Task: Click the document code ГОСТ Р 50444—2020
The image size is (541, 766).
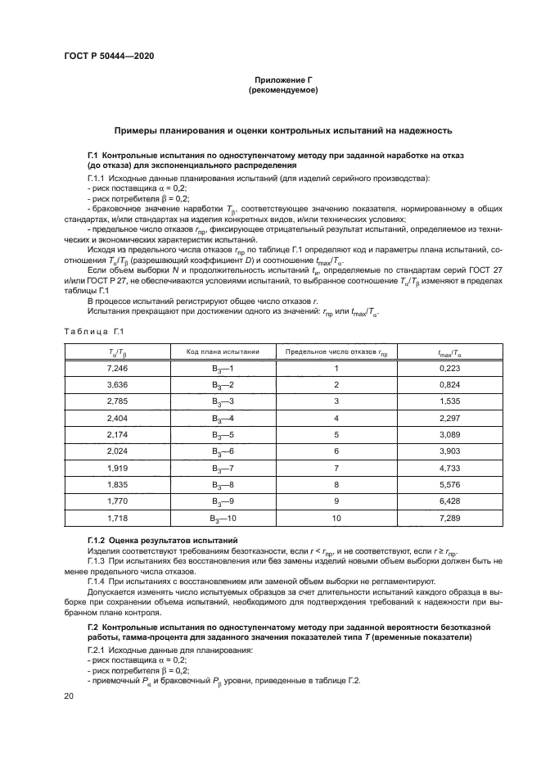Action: click(x=109, y=55)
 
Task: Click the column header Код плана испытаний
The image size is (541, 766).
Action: click(x=223, y=351)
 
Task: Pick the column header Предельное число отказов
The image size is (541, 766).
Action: click(x=336, y=351)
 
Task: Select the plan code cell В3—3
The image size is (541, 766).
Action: click(x=223, y=401)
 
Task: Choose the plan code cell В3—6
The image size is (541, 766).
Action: click(x=223, y=451)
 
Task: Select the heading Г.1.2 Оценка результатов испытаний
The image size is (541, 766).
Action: click(x=162, y=540)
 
